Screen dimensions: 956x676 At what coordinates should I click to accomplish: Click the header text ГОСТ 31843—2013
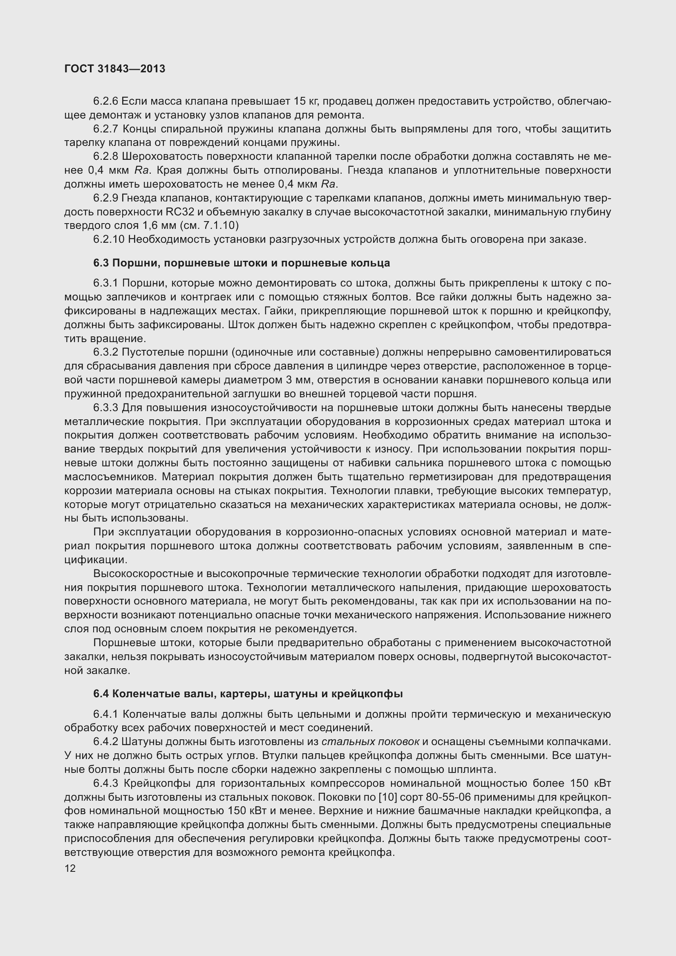point(115,69)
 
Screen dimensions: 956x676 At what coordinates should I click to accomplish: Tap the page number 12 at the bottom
point(70,868)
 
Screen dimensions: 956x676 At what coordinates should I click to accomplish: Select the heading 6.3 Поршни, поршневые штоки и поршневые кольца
point(242,263)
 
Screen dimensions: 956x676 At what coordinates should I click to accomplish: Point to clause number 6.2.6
point(106,101)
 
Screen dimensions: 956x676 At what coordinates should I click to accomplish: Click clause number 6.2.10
point(109,240)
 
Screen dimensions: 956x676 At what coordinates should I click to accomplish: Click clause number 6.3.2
point(106,352)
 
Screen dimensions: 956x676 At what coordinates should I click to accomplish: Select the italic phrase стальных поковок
point(370,741)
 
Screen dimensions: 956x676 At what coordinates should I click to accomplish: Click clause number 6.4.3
point(106,783)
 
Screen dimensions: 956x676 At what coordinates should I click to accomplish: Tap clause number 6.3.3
point(106,407)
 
